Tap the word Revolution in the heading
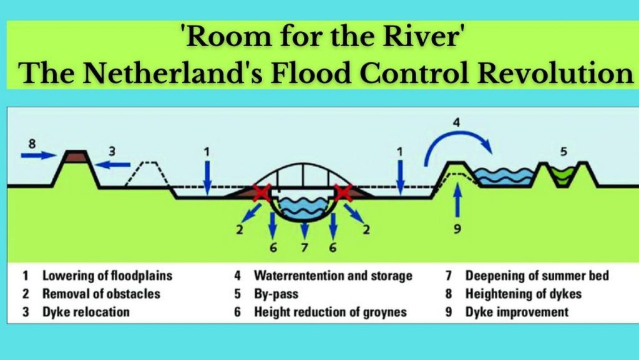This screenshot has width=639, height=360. tap(555, 73)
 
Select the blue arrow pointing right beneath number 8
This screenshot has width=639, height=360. tap(38, 155)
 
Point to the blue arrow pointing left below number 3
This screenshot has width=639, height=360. tap(112, 165)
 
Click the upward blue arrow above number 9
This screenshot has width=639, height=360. tap(457, 200)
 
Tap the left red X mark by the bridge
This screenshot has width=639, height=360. tap(262, 193)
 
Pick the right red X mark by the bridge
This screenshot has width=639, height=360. tap(344, 193)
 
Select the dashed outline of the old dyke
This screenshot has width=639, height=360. tap(147, 174)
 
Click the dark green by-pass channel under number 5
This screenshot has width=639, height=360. tap(563, 175)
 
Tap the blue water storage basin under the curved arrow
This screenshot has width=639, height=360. tap(505, 177)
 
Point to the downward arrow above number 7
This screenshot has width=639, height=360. tap(304, 230)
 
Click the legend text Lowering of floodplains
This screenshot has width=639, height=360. tap(107, 276)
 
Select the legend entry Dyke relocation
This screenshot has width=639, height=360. tap(86, 312)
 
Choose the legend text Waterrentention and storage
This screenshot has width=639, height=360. tap(333, 276)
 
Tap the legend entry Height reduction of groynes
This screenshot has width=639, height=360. tap(331, 312)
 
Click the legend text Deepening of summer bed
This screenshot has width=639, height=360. tap(537, 276)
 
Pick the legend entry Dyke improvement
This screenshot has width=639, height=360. tap(517, 312)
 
